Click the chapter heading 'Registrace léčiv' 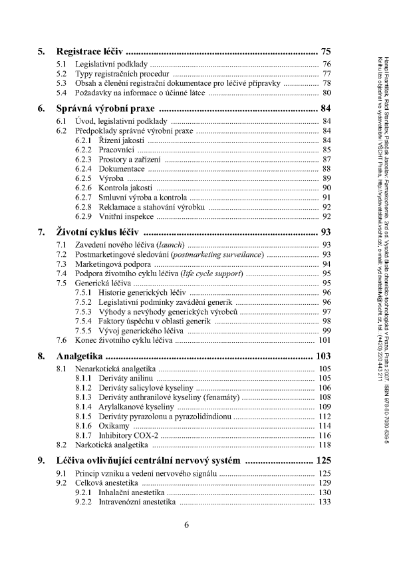point(90,51)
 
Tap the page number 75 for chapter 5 point(325,51)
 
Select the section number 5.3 point(61,84)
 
